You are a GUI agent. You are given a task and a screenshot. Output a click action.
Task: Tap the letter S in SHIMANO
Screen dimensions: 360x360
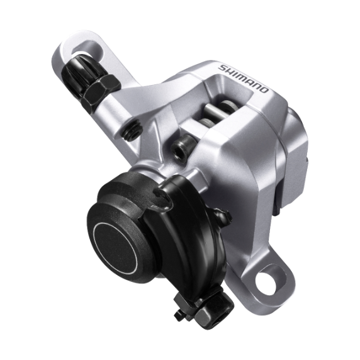(x=222, y=68)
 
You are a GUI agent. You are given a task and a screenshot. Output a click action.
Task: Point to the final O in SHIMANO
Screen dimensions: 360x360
(x=265, y=89)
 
